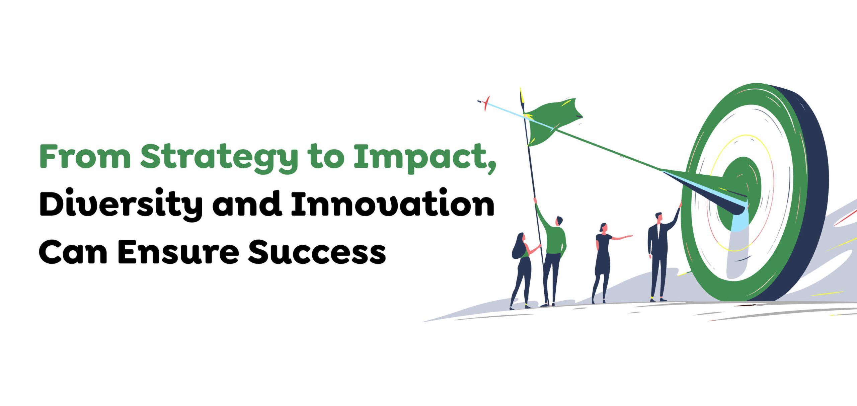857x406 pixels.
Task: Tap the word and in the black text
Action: point(247,202)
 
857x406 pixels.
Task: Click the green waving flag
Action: point(552,122)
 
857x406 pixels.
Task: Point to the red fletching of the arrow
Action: point(485,103)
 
